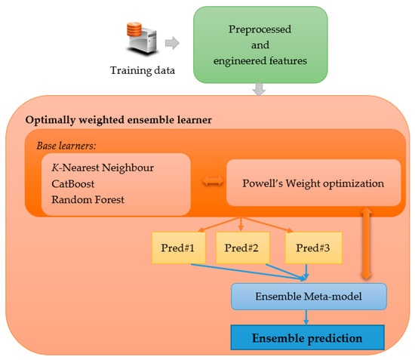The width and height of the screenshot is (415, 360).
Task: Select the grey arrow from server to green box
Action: coord(172,45)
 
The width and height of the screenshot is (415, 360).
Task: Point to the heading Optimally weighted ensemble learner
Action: coord(119,120)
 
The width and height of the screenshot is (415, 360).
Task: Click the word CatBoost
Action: coord(73,183)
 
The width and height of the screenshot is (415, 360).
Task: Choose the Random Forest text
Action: coord(88,200)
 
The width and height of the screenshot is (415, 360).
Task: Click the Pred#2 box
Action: coord(241,248)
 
